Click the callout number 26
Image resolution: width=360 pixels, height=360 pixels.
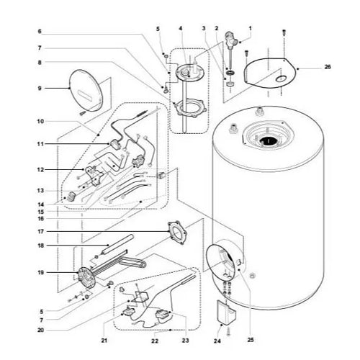(x=328, y=67)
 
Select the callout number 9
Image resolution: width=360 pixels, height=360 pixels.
(x=40, y=89)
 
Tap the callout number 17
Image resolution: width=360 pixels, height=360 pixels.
(x=41, y=232)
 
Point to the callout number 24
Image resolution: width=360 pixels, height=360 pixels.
(x=217, y=341)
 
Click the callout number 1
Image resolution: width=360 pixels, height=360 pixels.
(x=251, y=28)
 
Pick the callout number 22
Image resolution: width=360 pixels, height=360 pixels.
(x=155, y=341)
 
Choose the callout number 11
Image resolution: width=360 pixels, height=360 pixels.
(x=40, y=144)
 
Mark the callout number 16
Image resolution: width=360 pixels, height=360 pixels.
(x=41, y=219)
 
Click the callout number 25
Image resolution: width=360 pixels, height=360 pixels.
(x=251, y=340)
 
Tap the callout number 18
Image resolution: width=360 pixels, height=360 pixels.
(x=41, y=246)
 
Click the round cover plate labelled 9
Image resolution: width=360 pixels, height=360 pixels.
(x=86, y=91)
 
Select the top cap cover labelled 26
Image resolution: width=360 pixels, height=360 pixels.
(x=271, y=71)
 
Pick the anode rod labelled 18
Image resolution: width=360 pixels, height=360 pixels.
(x=117, y=245)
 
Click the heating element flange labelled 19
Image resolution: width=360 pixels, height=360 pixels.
(x=86, y=279)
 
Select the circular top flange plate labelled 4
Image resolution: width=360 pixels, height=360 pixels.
(x=189, y=72)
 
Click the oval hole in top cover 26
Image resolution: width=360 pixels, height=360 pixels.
(x=281, y=78)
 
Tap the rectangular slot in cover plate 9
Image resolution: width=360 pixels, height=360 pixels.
(x=85, y=94)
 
